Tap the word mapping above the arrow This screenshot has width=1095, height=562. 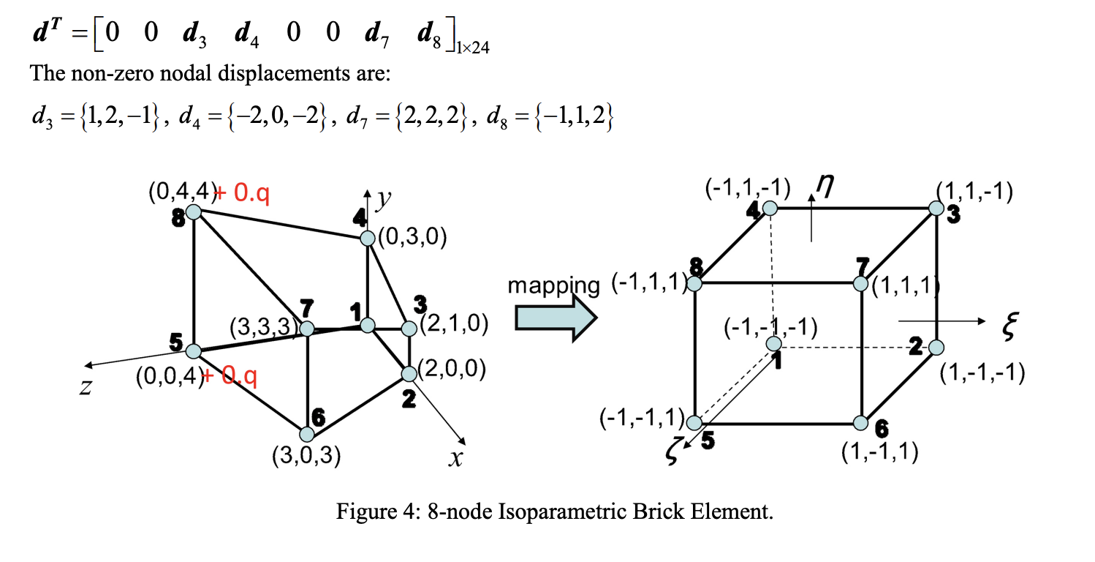[554, 285]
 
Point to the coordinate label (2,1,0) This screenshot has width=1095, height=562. [454, 324]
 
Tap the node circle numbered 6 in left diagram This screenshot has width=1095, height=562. [307, 433]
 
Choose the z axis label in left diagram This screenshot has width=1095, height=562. [86, 387]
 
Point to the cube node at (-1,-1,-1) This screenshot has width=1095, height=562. [773, 343]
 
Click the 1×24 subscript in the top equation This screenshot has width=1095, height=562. [472, 49]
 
